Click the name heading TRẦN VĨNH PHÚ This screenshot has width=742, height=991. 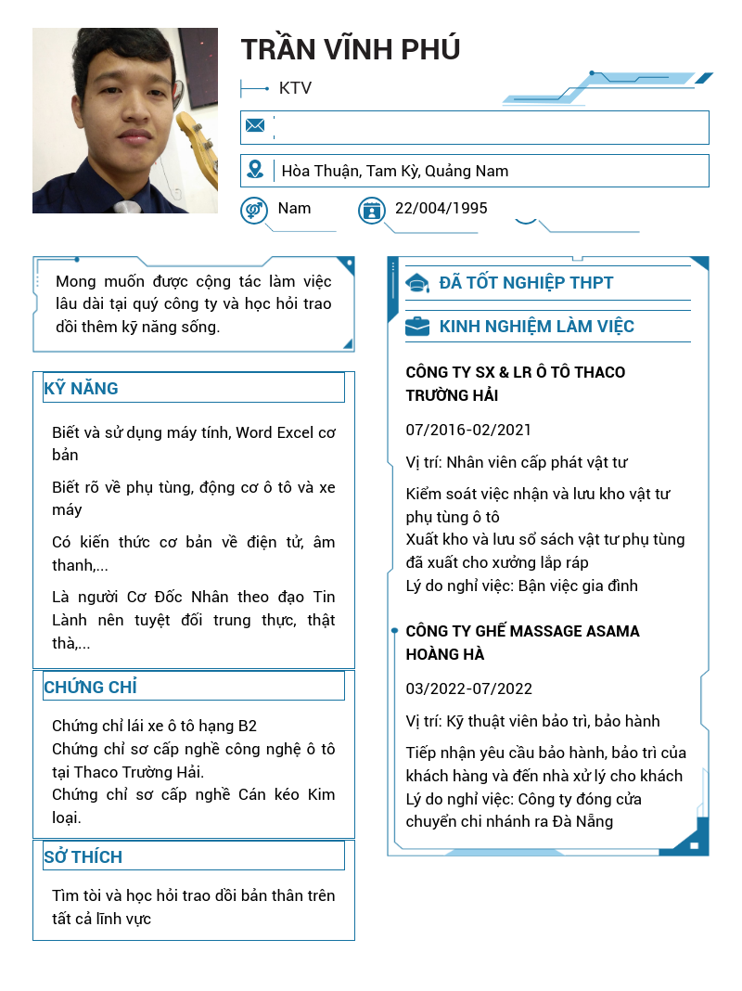[350, 49]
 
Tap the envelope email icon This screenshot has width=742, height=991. [255, 125]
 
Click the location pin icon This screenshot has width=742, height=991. [255, 170]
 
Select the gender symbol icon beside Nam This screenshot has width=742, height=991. [253, 211]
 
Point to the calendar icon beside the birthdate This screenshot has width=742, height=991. [371, 211]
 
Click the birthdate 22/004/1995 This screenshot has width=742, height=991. [441, 209]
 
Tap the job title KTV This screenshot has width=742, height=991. [295, 89]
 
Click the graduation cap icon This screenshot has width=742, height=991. [417, 283]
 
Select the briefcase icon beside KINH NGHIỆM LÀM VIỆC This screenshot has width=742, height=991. [417, 327]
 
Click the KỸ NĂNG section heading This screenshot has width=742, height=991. [82, 389]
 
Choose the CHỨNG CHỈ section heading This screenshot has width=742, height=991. [91, 688]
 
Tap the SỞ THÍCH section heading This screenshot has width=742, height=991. [83, 857]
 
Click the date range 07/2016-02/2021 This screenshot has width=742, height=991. [468, 430]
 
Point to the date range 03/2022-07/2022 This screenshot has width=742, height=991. [468, 689]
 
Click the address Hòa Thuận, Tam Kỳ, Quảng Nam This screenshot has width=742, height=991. [395, 171]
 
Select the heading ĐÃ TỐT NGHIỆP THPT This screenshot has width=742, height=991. [526, 283]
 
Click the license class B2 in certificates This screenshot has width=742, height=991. [247, 726]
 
